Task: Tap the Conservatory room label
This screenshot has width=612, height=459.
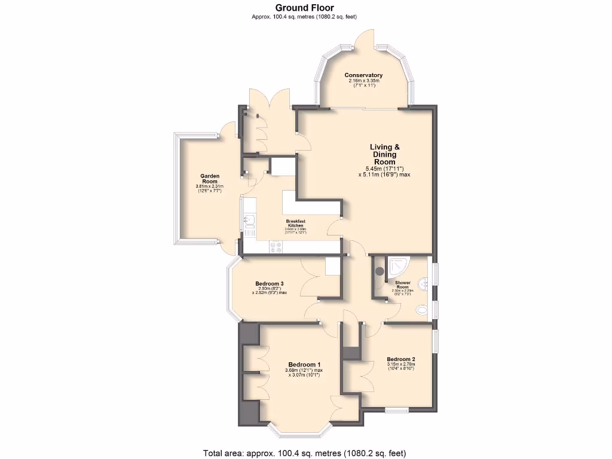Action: (363, 75)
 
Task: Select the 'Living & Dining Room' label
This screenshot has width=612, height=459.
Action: (384, 154)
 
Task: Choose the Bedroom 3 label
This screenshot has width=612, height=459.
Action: (269, 283)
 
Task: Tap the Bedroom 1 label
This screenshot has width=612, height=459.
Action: (304, 365)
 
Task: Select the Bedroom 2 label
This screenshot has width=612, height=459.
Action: (400, 360)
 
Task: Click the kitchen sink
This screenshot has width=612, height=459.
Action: (249, 223)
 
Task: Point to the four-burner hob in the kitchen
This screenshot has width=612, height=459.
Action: (277, 246)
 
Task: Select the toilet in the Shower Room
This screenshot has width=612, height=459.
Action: (423, 310)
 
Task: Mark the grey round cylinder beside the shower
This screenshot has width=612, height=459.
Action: (380, 271)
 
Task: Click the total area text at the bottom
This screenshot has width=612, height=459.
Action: (305, 452)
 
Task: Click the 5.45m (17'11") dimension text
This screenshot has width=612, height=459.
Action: (385, 169)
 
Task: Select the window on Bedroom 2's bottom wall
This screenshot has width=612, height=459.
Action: (396, 410)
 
